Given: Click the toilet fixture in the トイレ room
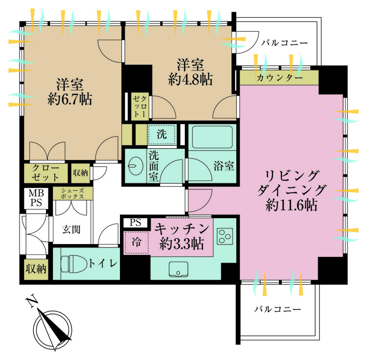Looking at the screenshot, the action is pyautogui.click(x=72, y=264).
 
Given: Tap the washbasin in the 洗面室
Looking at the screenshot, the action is pyautogui.click(x=136, y=165).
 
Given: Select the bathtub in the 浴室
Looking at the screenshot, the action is pyautogui.click(x=212, y=137).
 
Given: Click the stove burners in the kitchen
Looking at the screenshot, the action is pyautogui.click(x=225, y=236).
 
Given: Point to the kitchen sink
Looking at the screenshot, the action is pyautogui.click(x=178, y=269).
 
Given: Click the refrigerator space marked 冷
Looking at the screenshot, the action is pyautogui.click(x=136, y=243).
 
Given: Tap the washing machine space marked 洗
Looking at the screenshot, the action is pyautogui.click(x=162, y=135).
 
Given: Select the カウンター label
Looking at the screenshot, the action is pyautogui.click(x=279, y=78).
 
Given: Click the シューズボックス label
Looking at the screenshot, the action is pyautogui.click(x=72, y=193).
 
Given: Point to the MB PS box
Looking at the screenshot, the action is pyautogui.click(x=36, y=198).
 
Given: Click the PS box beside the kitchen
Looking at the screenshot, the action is pyautogui.click(x=136, y=223).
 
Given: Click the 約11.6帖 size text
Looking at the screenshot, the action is pyautogui.click(x=291, y=205).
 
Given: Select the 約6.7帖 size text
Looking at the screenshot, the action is pyautogui.click(x=70, y=99).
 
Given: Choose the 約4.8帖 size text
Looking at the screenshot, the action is pyautogui.click(x=190, y=79).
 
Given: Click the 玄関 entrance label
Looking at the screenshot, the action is pyautogui.click(x=71, y=229).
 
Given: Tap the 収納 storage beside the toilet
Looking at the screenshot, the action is pyautogui.click(x=36, y=269).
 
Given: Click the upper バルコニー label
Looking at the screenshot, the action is pyautogui.click(x=284, y=43).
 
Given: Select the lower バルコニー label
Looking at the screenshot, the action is pyautogui.click(x=277, y=310).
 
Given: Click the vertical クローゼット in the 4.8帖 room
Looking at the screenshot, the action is pyautogui.click(x=140, y=107).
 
